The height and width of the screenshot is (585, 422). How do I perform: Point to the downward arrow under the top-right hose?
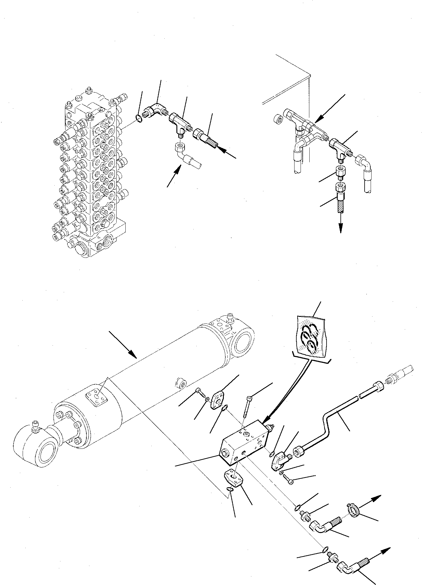(x=341, y=224)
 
